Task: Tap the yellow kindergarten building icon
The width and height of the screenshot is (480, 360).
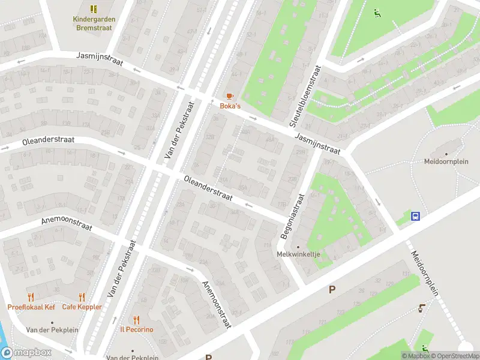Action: pyautogui.click(x=94, y=9)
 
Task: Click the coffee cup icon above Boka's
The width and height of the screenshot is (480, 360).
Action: pyautogui.click(x=229, y=96)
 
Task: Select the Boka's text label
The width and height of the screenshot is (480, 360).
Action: pyautogui.click(x=229, y=106)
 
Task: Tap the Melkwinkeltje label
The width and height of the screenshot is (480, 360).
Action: pyautogui.click(x=298, y=254)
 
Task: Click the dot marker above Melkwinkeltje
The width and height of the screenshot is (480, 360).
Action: pyautogui.click(x=298, y=246)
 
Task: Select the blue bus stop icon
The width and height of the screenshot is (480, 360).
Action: pyautogui.click(x=415, y=216)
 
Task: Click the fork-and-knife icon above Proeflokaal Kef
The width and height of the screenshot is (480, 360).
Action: pyautogui.click(x=31, y=297)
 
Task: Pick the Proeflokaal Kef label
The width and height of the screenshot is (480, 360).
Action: pyautogui.click(x=31, y=307)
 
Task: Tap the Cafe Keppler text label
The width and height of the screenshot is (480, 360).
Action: pyautogui.click(x=82, y=307)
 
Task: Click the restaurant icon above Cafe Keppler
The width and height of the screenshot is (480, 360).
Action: pyautogui.click(x=82, y=297)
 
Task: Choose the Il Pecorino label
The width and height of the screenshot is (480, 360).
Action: pyautogui.click(x=136, y=329)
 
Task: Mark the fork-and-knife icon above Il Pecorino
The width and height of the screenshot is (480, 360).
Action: pyautogui.click(x=136, y=320)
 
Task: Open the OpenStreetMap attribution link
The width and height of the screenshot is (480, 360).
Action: pyautogui.click(x=452, y=356)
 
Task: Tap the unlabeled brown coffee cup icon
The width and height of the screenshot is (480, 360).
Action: pyautogui.click(x=422, y=309)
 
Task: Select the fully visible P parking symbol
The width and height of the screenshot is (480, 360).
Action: pyautogui.click(x=331, y=290)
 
